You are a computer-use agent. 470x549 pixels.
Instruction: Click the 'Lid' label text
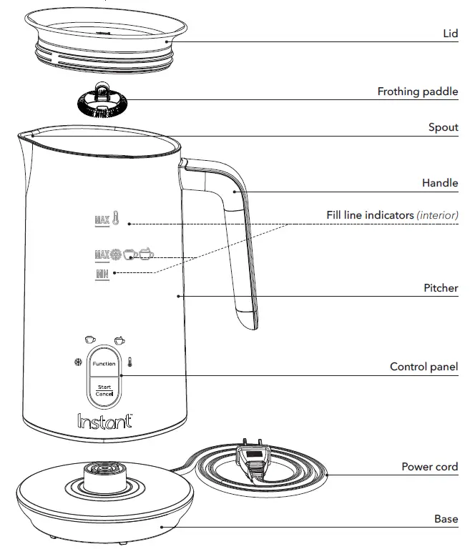click(451, 34)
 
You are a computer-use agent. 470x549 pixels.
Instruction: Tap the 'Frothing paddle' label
click(418, 91)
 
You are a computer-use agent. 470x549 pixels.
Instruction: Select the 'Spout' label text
click(443, 127)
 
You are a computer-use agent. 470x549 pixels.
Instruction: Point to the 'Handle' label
click(440, 183)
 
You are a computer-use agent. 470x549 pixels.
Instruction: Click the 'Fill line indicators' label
click(392, 214)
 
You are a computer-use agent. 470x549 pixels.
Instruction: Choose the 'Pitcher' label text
click(441, 288)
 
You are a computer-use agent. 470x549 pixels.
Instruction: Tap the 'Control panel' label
click(424, 367)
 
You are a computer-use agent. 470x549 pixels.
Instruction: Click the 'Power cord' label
click(429, 467)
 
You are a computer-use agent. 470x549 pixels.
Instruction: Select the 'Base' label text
click(446, 519)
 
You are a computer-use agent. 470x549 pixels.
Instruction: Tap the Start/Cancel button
click(104, 390)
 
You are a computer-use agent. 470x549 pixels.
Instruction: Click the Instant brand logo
click(104, 421)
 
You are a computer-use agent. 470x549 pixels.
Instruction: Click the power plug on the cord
click(251, 463)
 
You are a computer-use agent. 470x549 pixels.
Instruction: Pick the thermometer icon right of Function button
click(129, 363)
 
